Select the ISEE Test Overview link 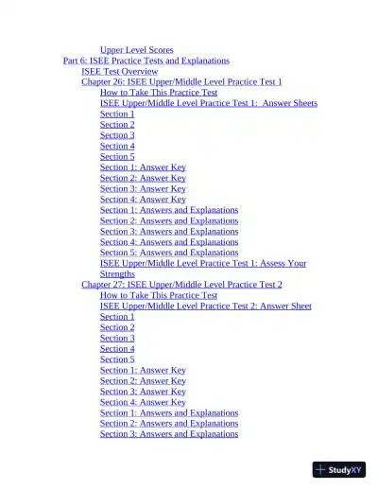[119, 71]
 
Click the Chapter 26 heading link [181, 82]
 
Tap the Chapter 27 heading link [181, 285]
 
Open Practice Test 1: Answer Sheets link [208, 103]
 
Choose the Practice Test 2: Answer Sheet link [205, 306]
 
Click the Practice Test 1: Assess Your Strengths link [202, 264]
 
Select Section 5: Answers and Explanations [169, 253]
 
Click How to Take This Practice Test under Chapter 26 [158, 93]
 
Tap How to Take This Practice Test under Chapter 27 [158, 295]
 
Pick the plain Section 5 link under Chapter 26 [117, 157]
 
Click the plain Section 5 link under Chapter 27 [117, 359]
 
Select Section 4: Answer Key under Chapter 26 [143, 200]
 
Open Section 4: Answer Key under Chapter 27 [143, 402]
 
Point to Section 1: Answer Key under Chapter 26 [143, 167]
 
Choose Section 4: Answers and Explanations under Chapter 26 [169, 242]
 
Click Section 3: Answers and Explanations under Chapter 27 [169, 434]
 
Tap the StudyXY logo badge [339, 469]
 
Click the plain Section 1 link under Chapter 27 [117, 317]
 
